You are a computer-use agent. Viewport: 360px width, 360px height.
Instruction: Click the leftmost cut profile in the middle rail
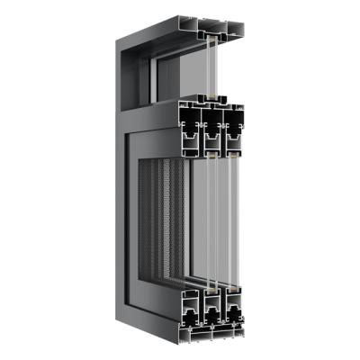point(191,126)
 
